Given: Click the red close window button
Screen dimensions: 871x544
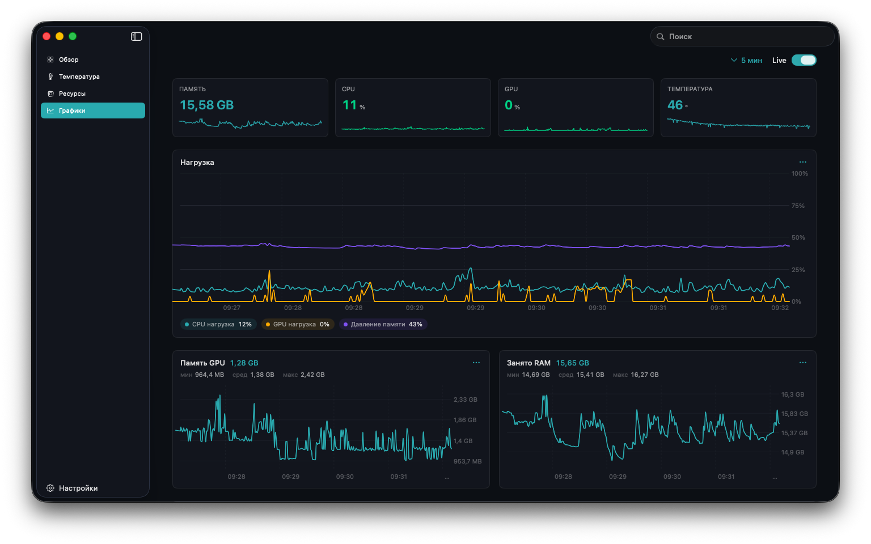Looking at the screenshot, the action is [x=46, y=36].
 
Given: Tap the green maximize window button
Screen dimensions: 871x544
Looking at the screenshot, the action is [x=73, y=36].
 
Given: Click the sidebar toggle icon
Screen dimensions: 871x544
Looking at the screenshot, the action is [x=136, y=36].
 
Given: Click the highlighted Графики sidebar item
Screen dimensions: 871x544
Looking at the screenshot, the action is [x=92, y=110].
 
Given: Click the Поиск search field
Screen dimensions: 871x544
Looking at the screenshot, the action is [x=742, y=36].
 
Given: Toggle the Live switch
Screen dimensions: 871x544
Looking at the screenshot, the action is [x=804, y=60].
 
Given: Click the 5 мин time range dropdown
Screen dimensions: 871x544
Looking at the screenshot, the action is [x=746, y=60].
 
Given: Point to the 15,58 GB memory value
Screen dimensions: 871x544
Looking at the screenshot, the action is [x=206, y=105].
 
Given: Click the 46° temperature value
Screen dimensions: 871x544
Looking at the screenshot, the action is [x=678, y=105].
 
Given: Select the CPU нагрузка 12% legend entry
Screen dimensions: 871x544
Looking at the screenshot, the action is [x=218, y=324].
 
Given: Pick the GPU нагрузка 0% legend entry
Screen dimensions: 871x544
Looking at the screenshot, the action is [x=298, y=324].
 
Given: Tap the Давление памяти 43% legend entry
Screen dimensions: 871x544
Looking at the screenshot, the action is [x=383, y=324].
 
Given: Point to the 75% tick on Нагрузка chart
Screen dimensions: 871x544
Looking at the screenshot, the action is [x=798, y=206].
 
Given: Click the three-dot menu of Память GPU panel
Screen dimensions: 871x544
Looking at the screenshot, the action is [x=476, y=363].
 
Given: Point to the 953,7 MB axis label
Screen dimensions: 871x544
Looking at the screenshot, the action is [x=467, y=461].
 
